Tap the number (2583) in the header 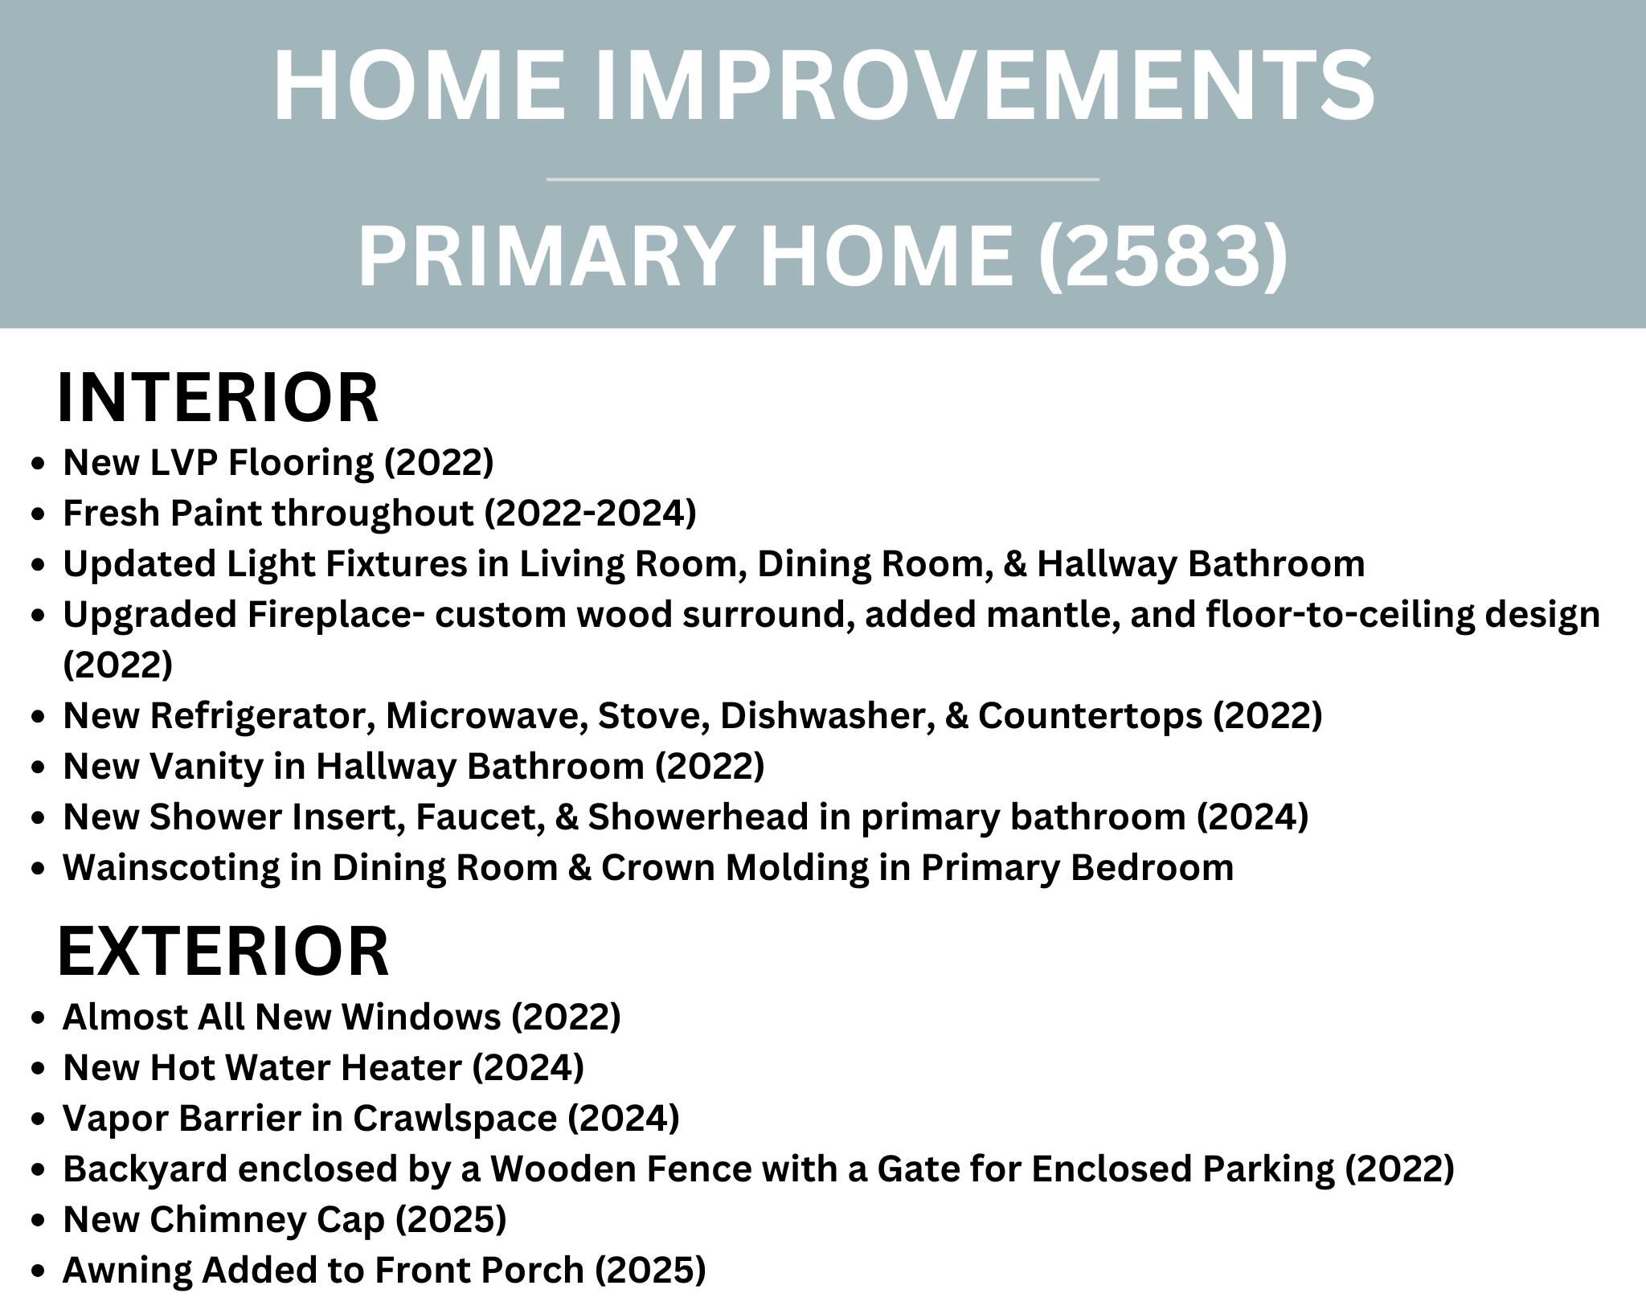[1164, 256]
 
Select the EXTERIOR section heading [223, 951]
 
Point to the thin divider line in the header [823, 179]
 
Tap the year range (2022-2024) [590, 514]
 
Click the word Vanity [206, 767]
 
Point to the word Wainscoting [192, 868]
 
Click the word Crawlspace [454, 1119]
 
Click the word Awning [131, 1271]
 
